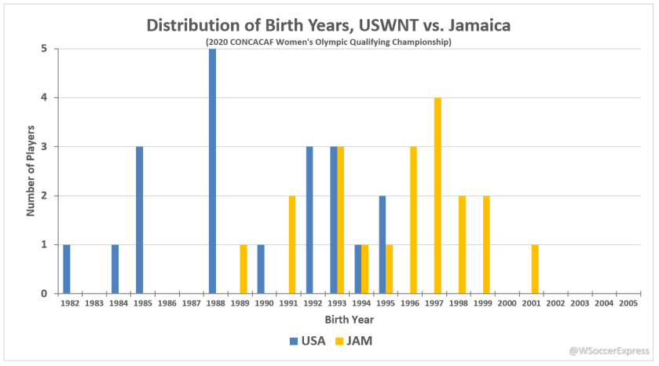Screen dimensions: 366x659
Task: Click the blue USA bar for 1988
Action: (x=212, y=171)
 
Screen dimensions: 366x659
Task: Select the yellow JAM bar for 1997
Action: (x=438, y=196)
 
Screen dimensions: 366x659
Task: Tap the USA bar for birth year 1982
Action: (x=67, y=269)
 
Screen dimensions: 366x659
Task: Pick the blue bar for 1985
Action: (x=139, y=220)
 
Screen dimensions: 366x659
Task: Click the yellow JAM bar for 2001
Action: (x=535, y=269)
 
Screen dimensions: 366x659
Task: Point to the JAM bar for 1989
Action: (x=243, y=269)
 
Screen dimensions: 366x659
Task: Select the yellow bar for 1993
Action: (x=341, y=220)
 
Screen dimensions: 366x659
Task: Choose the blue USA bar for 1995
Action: (x=382, y=244)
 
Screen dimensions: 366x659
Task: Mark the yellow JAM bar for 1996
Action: (x=413, y=220)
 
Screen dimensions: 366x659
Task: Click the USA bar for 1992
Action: (x=309, y=220)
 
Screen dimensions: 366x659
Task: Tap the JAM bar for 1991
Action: (x=292, y=244)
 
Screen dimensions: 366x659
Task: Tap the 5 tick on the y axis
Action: (x=45, y=49)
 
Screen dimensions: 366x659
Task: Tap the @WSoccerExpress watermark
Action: (x=610, y=350)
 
